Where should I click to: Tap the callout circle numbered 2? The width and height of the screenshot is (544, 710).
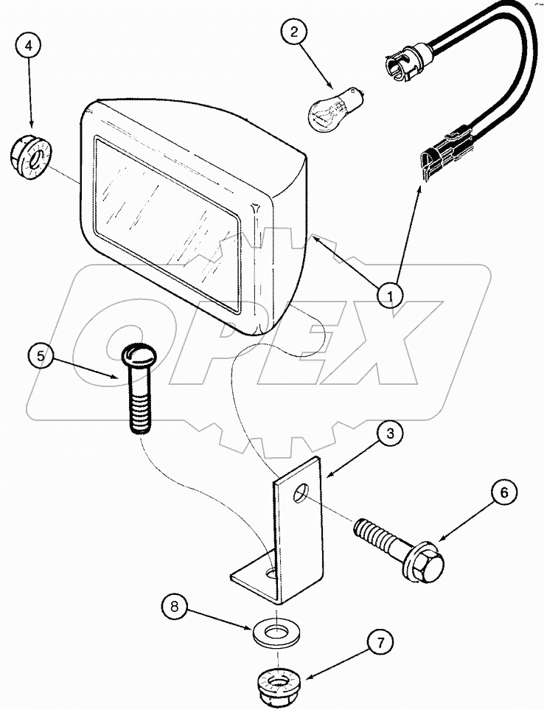point(294,32)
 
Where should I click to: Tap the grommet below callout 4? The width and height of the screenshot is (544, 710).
point(29,157)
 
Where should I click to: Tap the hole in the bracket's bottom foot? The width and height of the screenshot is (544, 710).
point(273,572)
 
